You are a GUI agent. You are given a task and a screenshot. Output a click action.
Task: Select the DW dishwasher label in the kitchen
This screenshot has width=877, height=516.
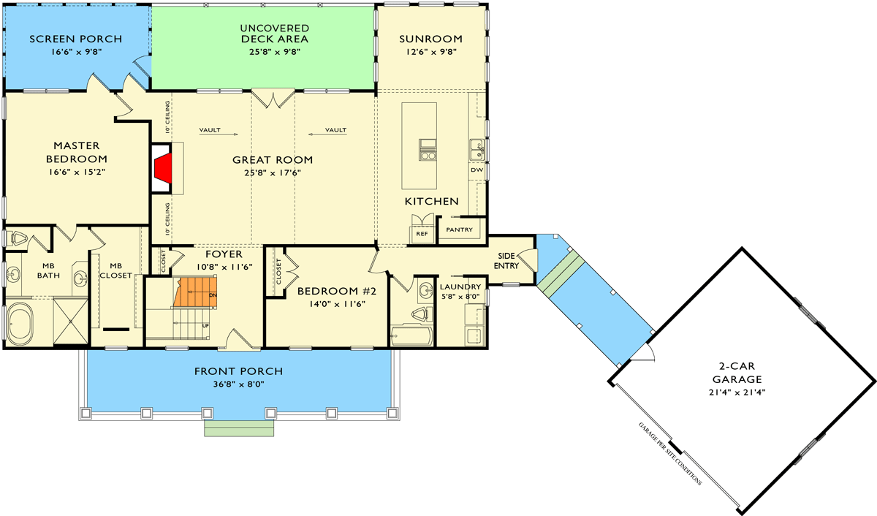[477, 170]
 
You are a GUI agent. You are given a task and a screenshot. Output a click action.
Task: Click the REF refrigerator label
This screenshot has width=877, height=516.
[422, 234]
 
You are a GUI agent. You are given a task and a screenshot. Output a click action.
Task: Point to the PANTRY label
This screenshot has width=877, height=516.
[460, 230]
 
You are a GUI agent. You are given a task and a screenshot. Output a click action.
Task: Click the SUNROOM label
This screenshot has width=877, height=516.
[430, 39]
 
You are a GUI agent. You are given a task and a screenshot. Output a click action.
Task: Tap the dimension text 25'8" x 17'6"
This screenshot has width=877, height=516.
[272, 173]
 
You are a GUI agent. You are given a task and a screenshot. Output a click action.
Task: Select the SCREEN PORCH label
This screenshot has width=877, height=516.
[75, 39]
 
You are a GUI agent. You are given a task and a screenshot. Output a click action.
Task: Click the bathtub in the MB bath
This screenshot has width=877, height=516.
[20, 322]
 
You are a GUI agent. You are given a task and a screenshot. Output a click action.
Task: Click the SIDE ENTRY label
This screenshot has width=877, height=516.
[508, 261]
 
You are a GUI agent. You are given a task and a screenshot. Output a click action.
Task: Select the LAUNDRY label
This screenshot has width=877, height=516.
[460, 287]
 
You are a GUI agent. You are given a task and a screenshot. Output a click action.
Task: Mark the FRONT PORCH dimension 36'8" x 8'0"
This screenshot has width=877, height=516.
[238, 384]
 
